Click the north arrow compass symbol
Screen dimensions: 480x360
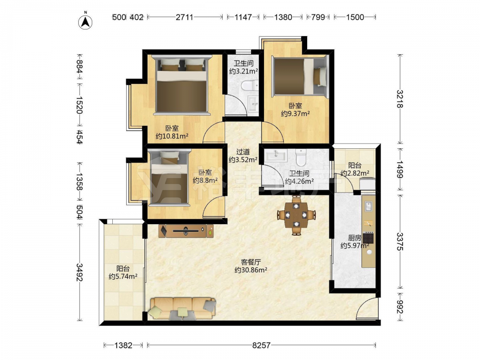click(85, 21)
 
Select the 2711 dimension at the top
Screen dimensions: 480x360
click(184, 17)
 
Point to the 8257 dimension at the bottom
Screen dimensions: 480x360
click(261, 345)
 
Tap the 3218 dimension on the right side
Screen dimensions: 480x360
click(400, 98)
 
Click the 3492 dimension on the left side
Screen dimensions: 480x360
click(79, 272)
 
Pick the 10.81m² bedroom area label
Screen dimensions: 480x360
click(172, 136)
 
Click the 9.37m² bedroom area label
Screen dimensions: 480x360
click(295, 114)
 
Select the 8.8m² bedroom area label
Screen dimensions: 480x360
click(205, 180)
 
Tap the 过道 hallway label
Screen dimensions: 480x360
click(243, 152)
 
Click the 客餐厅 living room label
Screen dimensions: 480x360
click(251, 262)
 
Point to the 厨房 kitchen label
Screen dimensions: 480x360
click(355, 238)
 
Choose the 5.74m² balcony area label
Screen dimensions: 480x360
click(123, 276)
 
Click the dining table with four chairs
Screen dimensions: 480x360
click(296, 215)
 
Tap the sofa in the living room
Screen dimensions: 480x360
click(182, 308)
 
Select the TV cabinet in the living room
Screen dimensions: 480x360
click(186, 231)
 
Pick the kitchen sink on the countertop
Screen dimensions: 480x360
click(368, 206)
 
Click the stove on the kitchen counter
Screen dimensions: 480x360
click(368, 238)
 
